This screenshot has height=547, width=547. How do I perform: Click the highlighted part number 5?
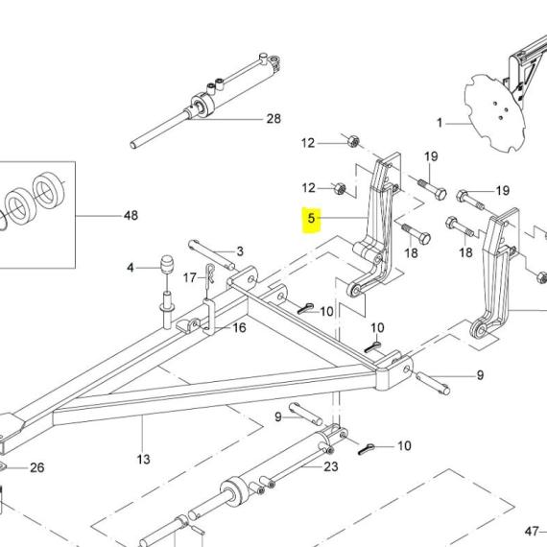pos(311,219)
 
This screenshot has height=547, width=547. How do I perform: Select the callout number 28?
pos(273,119)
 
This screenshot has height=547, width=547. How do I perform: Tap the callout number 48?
pos(131,215)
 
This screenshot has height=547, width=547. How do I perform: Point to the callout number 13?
pos(143,459)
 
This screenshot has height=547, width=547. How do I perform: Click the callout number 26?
pos(37,467)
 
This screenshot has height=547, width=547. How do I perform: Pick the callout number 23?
pos(331,466)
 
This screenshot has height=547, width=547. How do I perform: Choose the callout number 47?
pos(532,532)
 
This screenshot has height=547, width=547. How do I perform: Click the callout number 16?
pos(239,327)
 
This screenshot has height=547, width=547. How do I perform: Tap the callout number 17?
pos(189,277)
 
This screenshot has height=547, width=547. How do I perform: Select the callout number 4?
pos(131,268)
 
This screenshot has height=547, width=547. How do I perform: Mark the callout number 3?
pos(240,251)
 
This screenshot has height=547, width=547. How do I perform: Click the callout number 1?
pos(440,123)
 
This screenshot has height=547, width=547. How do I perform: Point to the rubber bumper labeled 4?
pos(166,265)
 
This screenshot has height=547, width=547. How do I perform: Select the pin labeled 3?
pos(211,254)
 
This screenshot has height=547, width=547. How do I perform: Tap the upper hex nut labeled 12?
pos(353,141)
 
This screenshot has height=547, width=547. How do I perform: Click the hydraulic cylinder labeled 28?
pos(205,101)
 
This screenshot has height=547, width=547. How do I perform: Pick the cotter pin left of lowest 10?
pos(367,448)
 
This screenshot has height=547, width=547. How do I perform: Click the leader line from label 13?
pos(143,433)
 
